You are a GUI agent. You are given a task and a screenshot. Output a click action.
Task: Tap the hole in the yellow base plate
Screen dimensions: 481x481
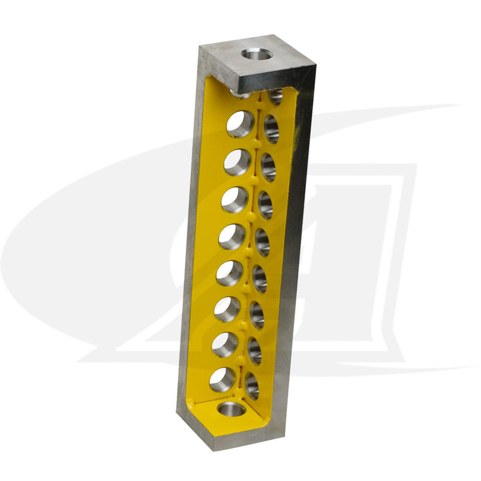tap(232, 409)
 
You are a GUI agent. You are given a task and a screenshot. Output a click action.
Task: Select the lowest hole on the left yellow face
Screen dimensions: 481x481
tap(222, 379)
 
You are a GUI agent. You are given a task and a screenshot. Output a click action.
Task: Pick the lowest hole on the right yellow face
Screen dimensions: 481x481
tap(252, 386)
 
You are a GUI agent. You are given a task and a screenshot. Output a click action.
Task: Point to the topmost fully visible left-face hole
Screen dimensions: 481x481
tap(240, 124)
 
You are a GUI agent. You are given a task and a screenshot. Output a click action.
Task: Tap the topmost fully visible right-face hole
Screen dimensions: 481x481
tap(271, 129)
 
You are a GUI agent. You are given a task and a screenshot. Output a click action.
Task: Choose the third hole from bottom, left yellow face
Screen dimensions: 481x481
tap(227, 309)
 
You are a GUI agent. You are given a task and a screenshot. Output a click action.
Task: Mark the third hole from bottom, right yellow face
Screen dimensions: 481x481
tap(257, 315)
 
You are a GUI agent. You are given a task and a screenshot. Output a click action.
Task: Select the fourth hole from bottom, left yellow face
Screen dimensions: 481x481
tap(229, 273)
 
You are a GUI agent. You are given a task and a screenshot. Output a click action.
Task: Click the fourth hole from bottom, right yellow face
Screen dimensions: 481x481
tap(259, 279)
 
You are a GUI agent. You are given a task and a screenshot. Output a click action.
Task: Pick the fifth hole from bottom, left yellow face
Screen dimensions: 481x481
tap(232, 237)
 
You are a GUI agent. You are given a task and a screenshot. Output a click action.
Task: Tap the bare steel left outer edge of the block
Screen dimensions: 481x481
tap(190, 243)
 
